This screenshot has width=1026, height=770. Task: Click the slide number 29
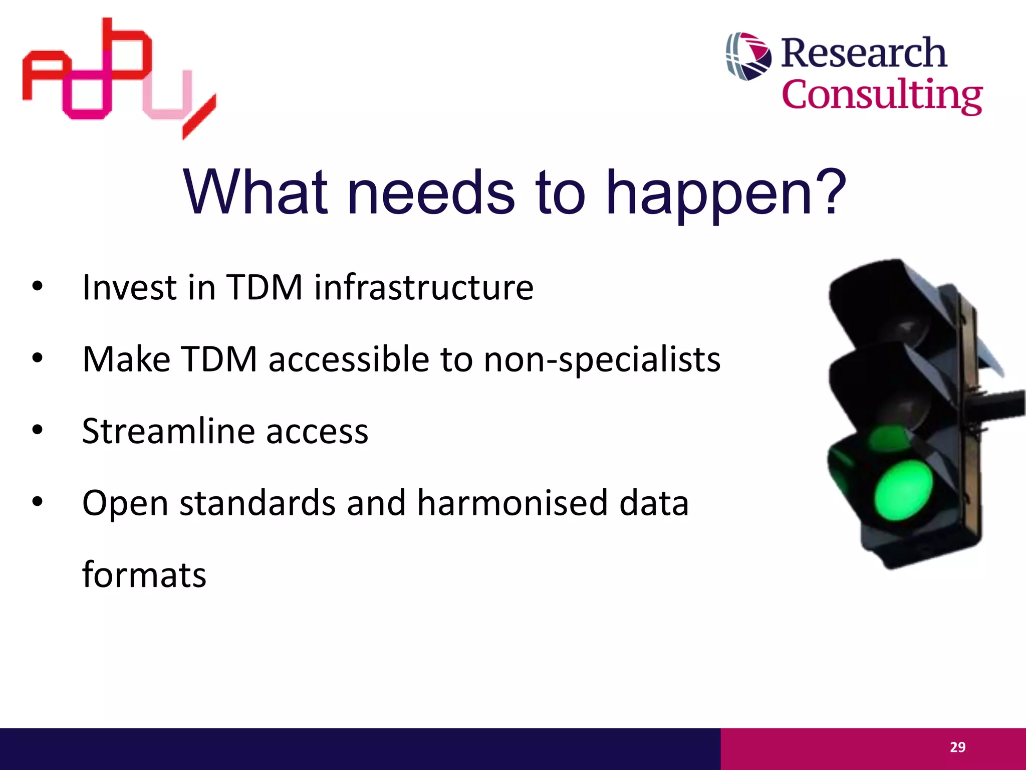(x=957, y=747)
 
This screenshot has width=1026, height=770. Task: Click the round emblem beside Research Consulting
(x=748, y=56)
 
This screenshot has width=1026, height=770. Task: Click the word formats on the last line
(x=144, y=574)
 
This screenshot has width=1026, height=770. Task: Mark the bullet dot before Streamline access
(x=38, y=430)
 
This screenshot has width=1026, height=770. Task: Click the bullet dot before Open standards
(x=38, y=502)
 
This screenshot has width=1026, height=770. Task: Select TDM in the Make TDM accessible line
(x=219, y=359)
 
